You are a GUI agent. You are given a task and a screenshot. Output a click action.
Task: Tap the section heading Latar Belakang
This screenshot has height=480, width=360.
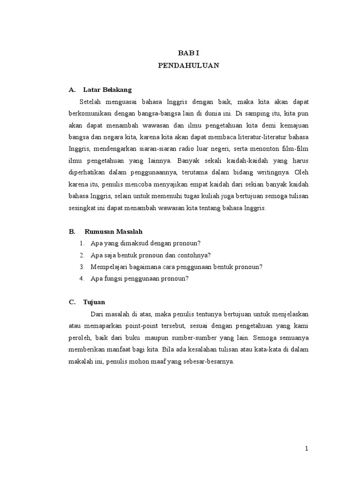(107, 90)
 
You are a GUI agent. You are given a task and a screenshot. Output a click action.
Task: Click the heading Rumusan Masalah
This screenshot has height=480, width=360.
(113, 232)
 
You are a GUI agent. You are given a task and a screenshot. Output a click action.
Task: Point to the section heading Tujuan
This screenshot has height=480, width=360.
(94, 302)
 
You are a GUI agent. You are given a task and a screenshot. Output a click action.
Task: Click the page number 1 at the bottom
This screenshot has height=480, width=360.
(307, 449)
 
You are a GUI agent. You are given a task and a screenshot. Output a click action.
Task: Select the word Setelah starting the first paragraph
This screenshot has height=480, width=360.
(91, 101)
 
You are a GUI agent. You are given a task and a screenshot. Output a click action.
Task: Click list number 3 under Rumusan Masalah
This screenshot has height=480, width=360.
(82, 267)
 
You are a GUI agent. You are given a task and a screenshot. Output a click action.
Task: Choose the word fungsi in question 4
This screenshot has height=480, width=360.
(113, 278)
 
